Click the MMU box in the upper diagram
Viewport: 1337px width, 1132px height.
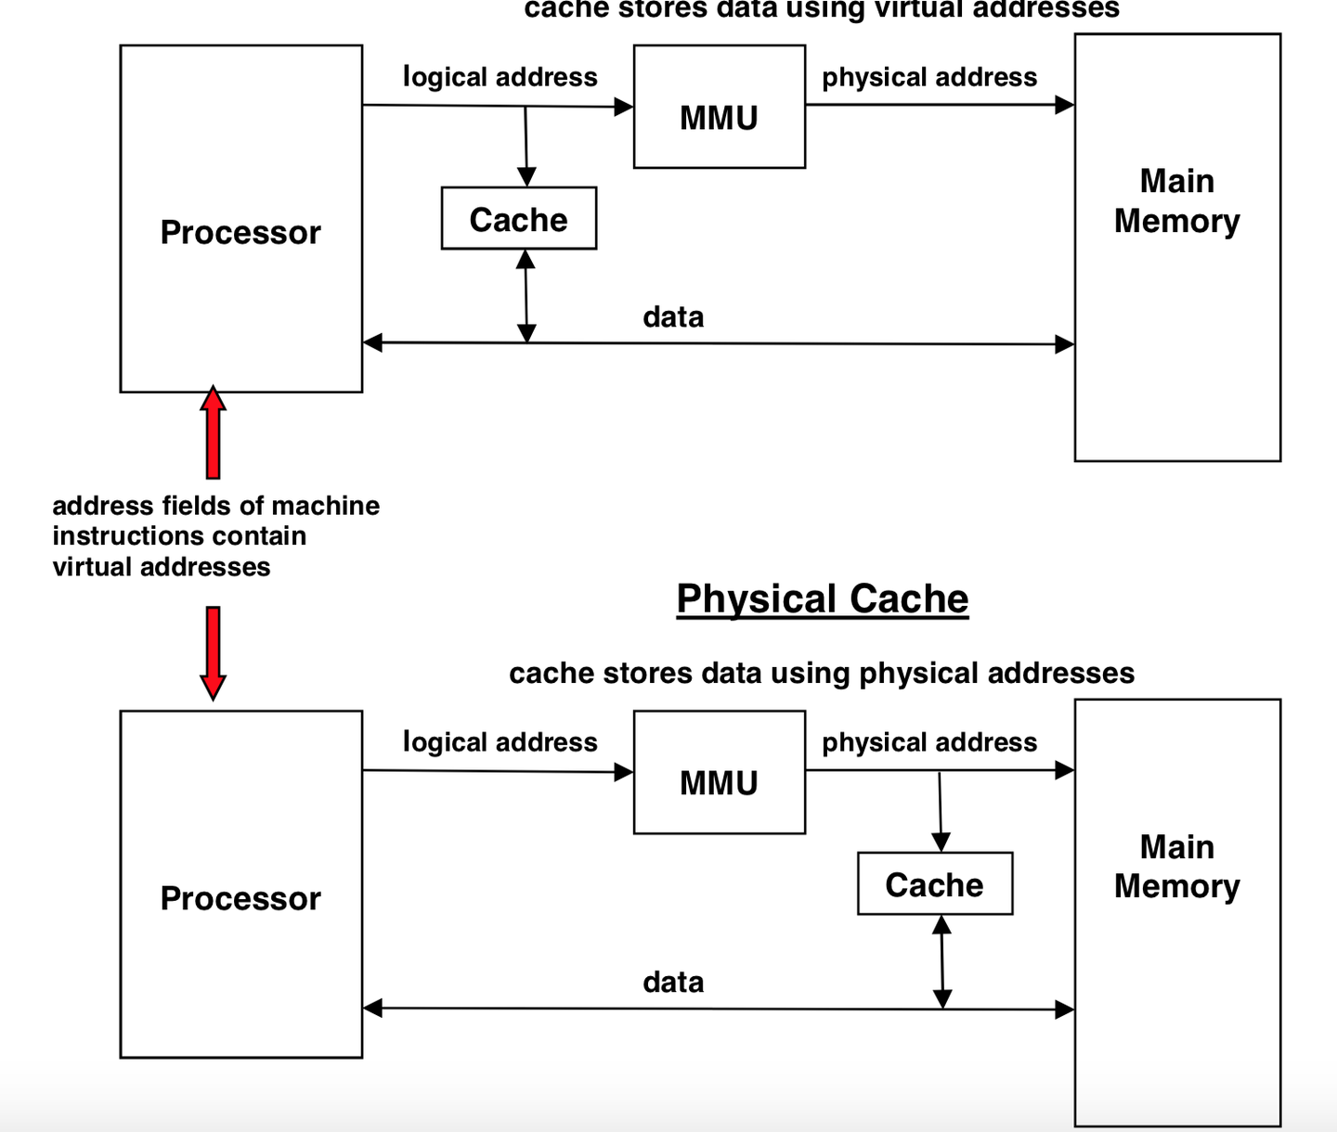tap(720, 108)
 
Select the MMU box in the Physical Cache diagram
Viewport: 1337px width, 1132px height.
tap(720, 773)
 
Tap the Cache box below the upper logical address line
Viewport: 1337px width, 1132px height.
tap(519, 219)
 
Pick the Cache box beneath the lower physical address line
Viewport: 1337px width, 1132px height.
tap(935, 884)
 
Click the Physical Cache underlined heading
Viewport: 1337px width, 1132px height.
tap(822, 598)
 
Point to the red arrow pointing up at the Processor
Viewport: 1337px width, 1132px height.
tap(214, 432)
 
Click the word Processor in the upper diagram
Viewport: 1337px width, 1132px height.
tap(240, 232)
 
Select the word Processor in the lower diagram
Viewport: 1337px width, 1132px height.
tap(240, 898)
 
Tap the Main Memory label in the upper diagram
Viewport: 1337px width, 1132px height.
tap(1177, 200)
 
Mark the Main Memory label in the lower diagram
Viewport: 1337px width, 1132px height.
tap(1177, 867)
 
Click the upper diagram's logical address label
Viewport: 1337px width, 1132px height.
tap(500, 77)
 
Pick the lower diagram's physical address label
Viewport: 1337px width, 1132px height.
tap(929, 742)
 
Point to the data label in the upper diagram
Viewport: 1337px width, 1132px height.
tap(673, 317)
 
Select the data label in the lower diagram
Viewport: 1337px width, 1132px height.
tap(673, 983)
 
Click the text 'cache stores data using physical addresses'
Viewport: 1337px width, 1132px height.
tap(822, 673)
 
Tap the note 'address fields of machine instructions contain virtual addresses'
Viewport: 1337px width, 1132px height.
tap(215, 536)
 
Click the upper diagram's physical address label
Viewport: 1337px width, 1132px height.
tap(929, 77)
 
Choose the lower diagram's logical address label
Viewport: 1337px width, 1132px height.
tap(500, 742)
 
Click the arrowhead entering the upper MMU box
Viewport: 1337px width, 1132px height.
tap(624, 107)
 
